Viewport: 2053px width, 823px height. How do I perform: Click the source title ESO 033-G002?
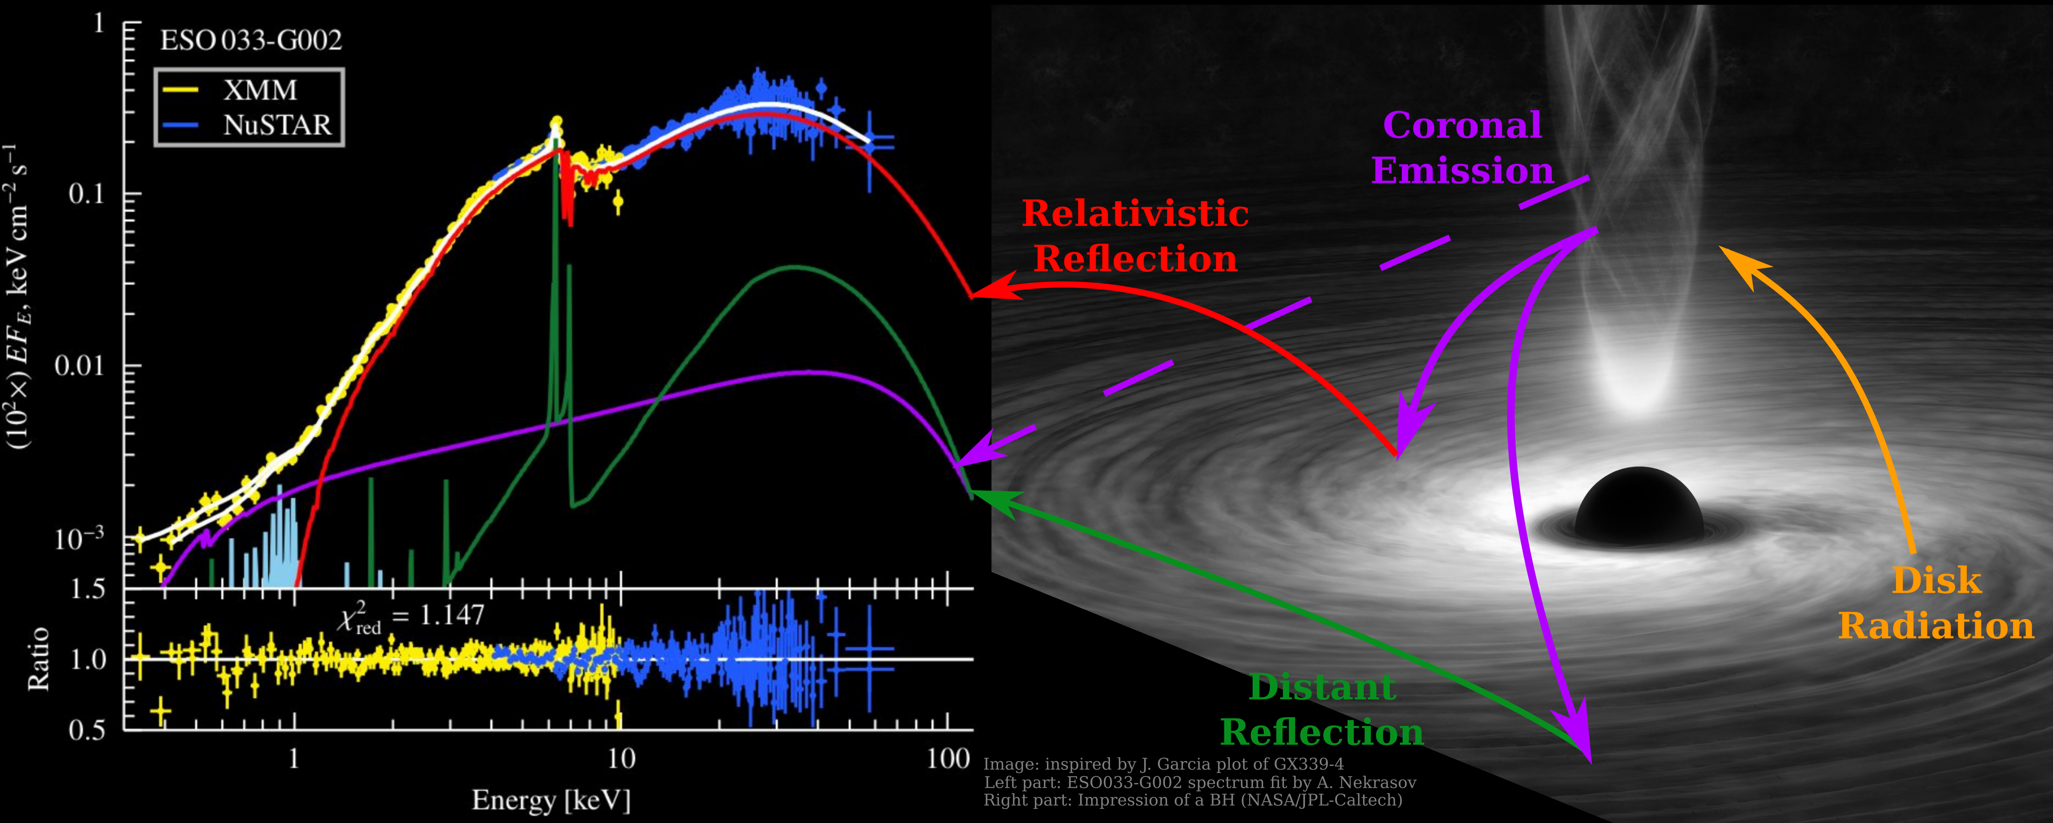pos(251,40)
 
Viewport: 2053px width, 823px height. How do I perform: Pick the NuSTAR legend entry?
pos(276,125)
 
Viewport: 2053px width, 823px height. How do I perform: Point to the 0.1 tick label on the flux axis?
pos(86,193)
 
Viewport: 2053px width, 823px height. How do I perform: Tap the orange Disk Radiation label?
pos(1937,603)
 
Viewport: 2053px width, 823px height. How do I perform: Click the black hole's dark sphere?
pos(1639,506)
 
